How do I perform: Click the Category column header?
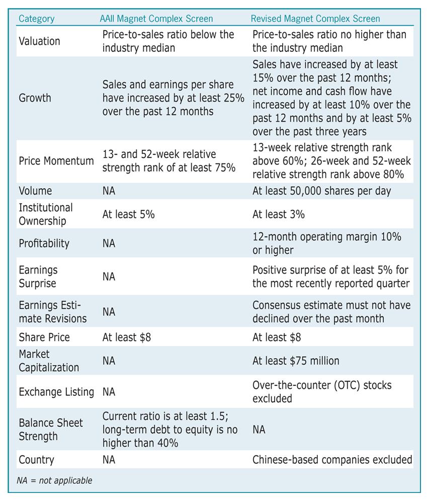coord(37,19)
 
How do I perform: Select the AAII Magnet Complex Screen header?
coord(156,19)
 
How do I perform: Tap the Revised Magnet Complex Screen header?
coord(315,19)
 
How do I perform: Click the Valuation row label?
coord(39,41)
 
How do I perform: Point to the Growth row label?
coord(35,98)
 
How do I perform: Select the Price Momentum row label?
coord(56,161)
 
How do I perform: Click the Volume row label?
coord(35,191)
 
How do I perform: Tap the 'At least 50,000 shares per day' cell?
coord(322,191)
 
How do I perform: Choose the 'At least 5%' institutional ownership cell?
coord(129,214)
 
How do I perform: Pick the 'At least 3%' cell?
coord(279,214)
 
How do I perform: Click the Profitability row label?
coord(44,243)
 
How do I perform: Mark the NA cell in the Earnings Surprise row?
coord(109,277)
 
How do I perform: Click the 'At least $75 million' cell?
coord(296,361)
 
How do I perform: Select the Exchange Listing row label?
coord(56,392)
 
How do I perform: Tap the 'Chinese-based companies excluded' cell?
coord(332,460)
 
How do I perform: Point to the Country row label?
coord(37,460)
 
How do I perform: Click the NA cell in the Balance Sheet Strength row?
coord(259,430)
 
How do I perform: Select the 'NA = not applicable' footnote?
coord(54,480)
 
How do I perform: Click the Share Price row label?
coord(44,338)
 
